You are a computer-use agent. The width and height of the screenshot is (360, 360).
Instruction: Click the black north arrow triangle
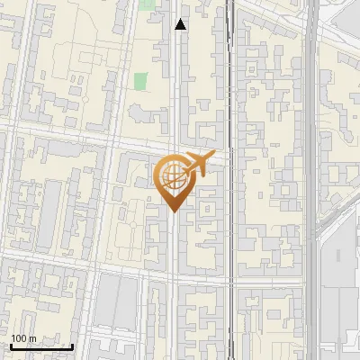(181, 25)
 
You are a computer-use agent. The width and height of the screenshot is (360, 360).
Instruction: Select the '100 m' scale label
(23, 338)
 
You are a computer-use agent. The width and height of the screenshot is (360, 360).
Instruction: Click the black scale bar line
(41, 346)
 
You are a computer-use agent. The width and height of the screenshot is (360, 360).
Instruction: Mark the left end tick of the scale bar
(11, 345)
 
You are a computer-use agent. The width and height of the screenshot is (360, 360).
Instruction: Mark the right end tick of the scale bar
(72, 345)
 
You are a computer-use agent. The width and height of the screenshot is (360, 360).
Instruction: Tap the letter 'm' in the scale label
(31, 338)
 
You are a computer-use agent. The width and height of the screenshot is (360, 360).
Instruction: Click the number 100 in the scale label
(19, 338)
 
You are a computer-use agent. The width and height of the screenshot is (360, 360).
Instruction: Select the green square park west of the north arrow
(140, 81)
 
